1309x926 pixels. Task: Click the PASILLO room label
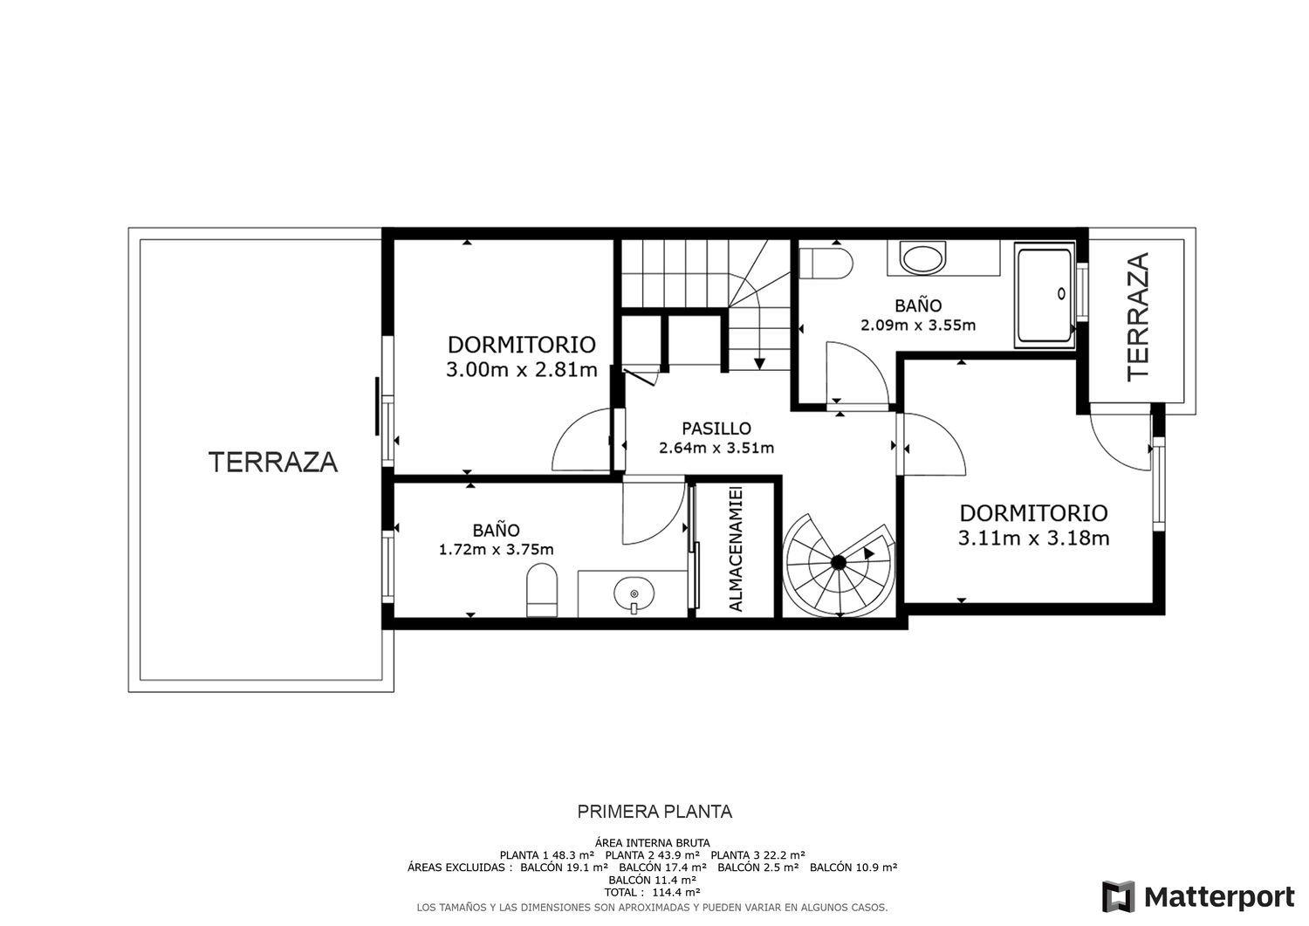[x=716, y=429]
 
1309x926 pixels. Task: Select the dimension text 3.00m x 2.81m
[x=522, y=370]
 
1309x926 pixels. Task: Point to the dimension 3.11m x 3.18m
[x=1033, y=538]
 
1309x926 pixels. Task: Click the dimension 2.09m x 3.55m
[x=918, y=325]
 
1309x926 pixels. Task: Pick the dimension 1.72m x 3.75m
[x=497, y=550]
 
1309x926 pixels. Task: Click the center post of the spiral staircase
[x=839, y=562]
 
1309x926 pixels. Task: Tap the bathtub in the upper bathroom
[x=1045, y=295]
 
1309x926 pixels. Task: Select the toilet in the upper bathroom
[x=826, y=264]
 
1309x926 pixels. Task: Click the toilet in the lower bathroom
[x=542, y=590]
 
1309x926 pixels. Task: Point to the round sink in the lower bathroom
[x=634, y=594]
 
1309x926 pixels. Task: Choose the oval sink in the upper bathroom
[x=922, y=258]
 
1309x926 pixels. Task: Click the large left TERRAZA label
[x=273, y=463]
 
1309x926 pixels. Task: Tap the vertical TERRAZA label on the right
[x=1138, y=317]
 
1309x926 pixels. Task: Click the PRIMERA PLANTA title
[x=654, y=812]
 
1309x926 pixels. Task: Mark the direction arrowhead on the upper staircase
[x=759, y=364]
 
